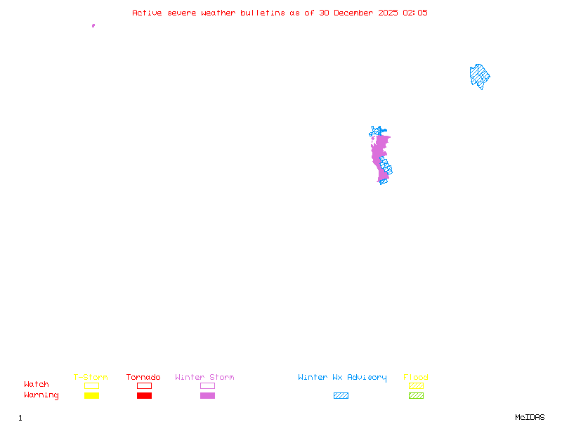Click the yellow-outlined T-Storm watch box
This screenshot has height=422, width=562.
tap(91, 385)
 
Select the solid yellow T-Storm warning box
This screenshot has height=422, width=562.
tap(91, 395)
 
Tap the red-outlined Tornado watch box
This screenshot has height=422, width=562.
tap(144, 385)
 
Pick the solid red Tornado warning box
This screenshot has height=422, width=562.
tap(144, 395)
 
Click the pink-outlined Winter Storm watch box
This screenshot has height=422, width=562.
tap(207, 385)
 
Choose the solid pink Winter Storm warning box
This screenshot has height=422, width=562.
tap(207, 395)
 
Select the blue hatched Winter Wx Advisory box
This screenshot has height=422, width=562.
tap(341, 395)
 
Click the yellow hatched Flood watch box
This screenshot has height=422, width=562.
tap(416, 385)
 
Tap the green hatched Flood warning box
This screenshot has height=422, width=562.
tap(416, 395)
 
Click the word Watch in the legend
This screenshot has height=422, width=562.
tap(37, 385)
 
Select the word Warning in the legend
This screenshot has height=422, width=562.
tap(41, 395)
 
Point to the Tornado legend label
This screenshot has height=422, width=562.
tap(143, 378)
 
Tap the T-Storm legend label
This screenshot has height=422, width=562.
tap(91, 378)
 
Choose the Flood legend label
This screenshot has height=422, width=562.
tap(416, 378)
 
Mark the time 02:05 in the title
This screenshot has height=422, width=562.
tap(414, 13)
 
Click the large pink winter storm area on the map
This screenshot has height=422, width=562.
tap(379, 155)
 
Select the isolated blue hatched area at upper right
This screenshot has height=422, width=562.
tap(479, 75)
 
